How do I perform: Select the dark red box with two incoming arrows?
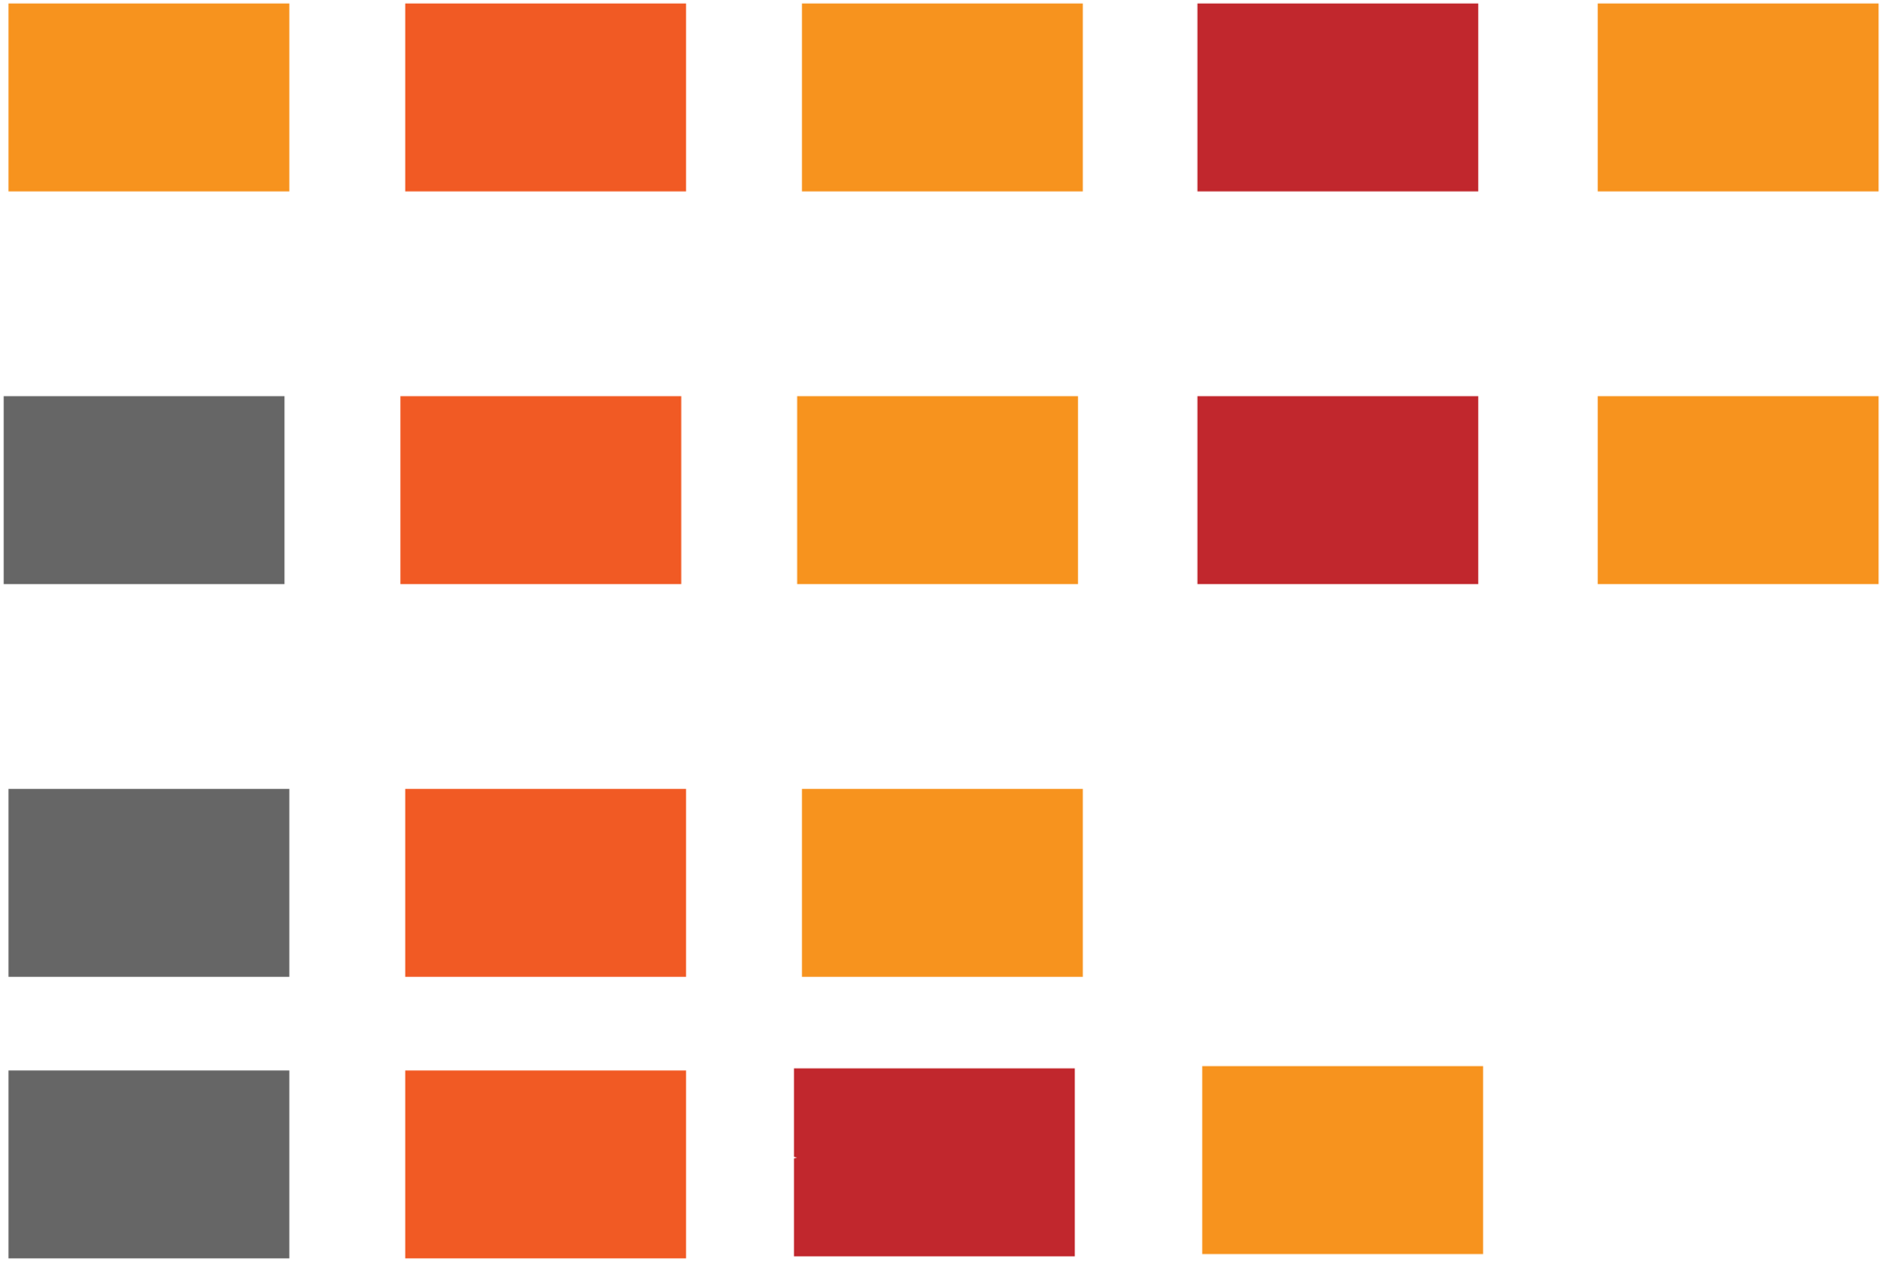(935, 1161)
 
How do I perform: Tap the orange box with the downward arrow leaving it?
(942, 882)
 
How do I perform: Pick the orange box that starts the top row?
(149, 98)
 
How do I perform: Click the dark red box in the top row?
(1338, 98)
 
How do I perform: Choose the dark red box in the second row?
(1338, 490)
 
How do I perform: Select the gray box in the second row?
(145, 490)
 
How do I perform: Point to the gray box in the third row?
(149, 882)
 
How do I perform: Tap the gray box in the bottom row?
(149, 1164)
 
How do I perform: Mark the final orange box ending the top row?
(1737, 98)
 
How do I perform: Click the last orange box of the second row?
(1737, 490)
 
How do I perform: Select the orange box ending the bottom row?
(1343, 1159)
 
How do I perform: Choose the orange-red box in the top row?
(546, 98)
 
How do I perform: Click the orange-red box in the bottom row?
(546, 1164)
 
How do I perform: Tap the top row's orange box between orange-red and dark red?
(942, 98)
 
